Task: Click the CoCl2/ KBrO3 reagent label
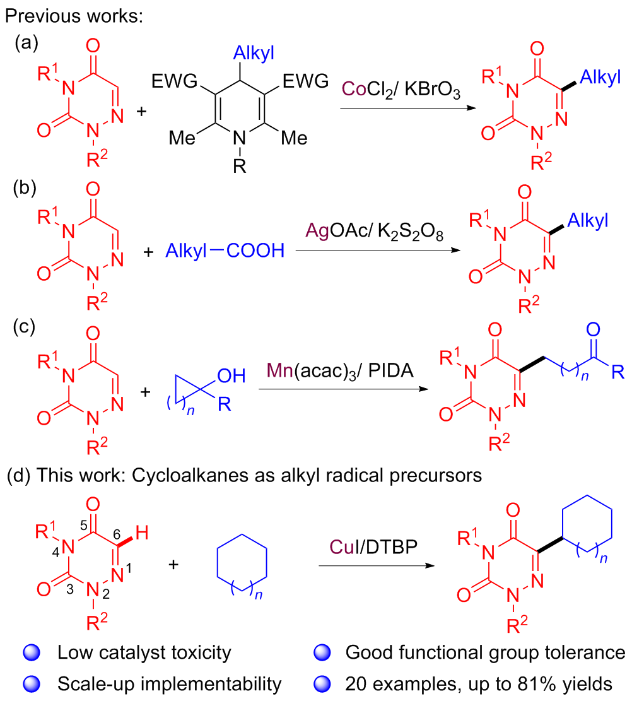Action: [x=401, y=90]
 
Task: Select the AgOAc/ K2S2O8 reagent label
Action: [x=374, y=232]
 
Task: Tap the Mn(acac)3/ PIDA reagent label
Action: [x=340, y=371]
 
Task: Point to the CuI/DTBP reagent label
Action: [x=373, y=547]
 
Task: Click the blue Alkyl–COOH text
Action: [x=225, y=250]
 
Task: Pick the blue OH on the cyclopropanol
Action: [x=231, y=376]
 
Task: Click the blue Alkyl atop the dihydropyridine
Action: [x=254, y=53]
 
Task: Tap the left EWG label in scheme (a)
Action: [x=174, y=81]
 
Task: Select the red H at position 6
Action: [x=142, y=533]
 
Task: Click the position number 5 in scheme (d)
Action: [x=84, y=526]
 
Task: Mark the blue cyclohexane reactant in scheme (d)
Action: [x=242, y=563]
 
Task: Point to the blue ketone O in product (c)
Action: [x=593, y=329]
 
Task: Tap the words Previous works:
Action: [x=74, y=16]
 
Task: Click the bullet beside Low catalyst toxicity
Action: [x=32, y=652]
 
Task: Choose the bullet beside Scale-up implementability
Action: [x=32, y=684]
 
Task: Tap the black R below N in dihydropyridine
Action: [x=240, y=167]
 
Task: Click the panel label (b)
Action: [x=25, y=188]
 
